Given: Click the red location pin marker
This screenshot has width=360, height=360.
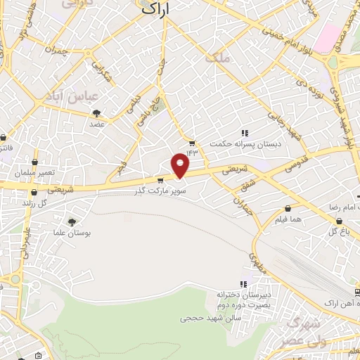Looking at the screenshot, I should [181, 165].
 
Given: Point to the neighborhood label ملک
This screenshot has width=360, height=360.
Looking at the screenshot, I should [217, 58].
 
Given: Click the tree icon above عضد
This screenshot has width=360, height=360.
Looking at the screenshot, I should [96, 112].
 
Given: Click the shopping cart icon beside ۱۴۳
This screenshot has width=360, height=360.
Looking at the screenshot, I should [192, 143].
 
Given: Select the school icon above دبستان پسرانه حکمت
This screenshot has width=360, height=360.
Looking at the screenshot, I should [244, 133].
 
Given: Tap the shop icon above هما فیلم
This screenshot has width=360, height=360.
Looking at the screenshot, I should [288, 208].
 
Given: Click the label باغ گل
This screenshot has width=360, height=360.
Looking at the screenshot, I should [337, 231].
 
